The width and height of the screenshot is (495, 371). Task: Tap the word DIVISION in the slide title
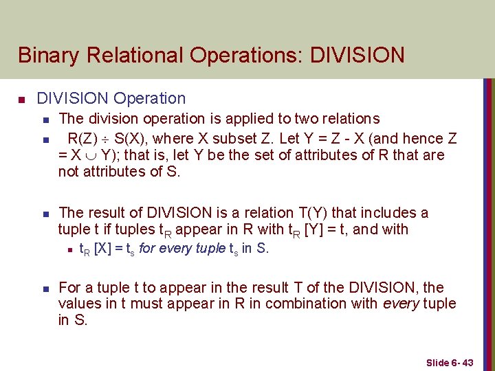tap(357, 55)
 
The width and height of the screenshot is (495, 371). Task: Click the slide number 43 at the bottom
tap(467, 362)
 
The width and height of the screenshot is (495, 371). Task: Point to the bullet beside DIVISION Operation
tap(22, 100)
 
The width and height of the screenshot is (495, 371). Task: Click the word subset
tap(242, 137)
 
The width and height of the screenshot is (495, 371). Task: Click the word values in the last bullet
tap(80, 304)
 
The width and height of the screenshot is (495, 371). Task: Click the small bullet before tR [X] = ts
tap(70, 249)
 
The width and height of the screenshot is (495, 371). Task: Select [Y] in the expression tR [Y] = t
tap(316, 229)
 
